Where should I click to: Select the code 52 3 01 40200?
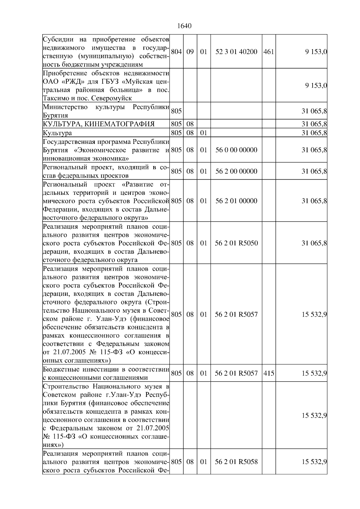point(236,52)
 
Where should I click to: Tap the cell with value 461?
point(268,52)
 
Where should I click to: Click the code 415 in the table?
point(268,374)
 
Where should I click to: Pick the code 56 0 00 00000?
point(236,150)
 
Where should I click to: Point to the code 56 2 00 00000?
point(236,171)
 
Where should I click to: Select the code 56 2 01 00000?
point(236,201)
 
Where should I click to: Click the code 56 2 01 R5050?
point(236,243)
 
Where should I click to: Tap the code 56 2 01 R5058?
point(236,462)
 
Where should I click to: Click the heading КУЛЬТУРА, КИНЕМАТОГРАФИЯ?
point(99,124)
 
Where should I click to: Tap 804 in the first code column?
point(176,52)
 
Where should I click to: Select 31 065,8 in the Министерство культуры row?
point(314,111)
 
